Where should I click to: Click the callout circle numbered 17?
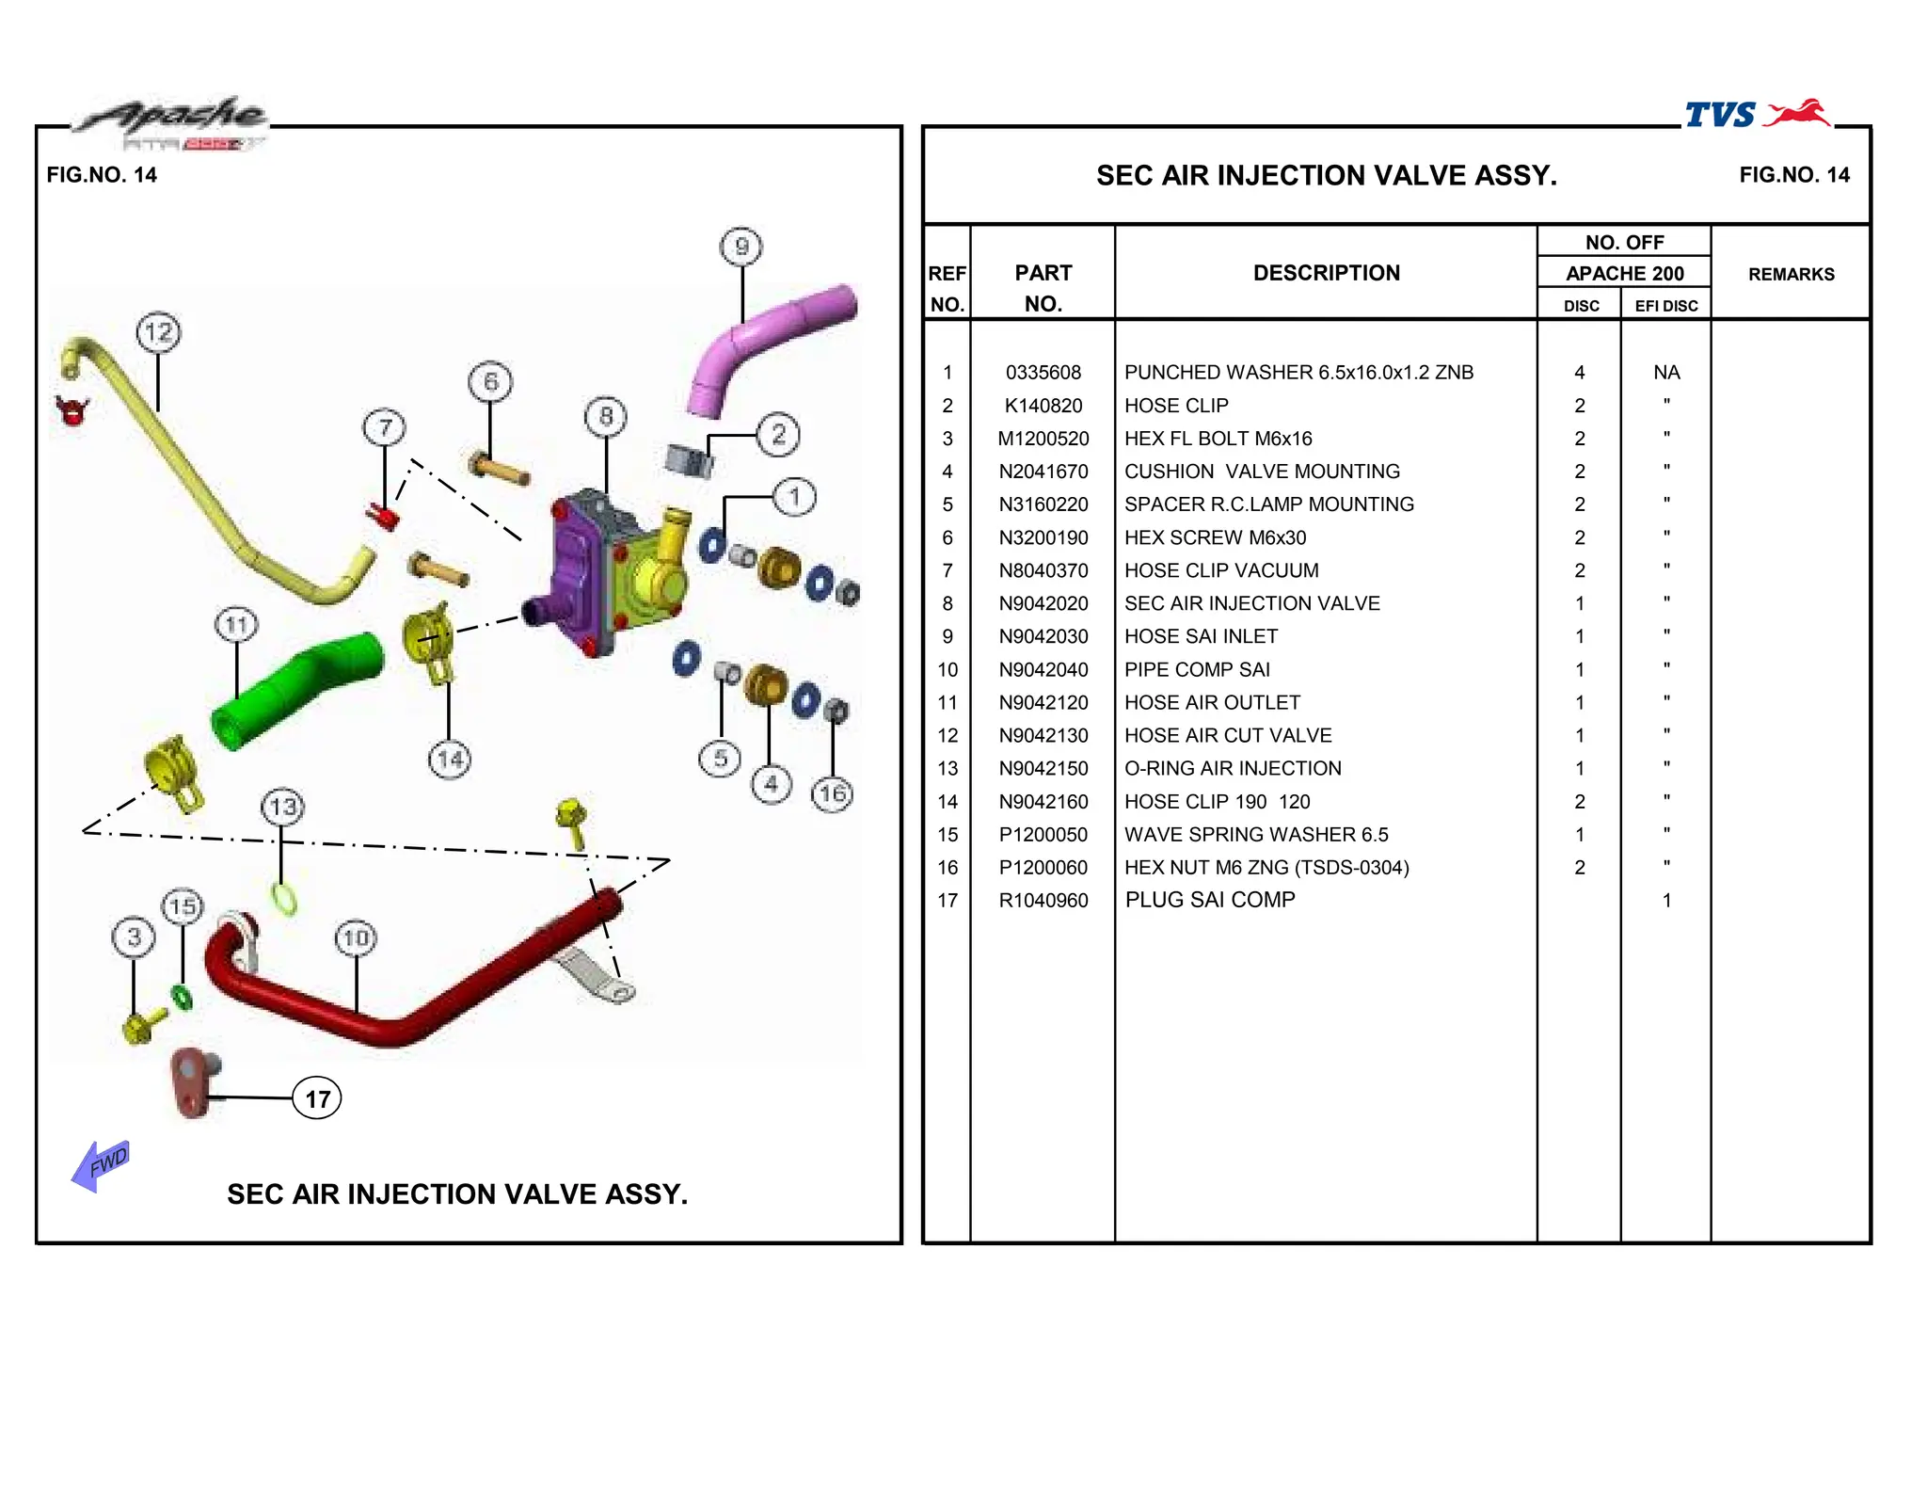[x=317, y=1098]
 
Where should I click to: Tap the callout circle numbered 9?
[x=741, y=247]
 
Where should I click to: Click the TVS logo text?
[x=1720, y=115]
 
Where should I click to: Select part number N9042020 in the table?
[x=1043, y=603]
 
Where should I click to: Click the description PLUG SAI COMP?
[x=1209, y=900]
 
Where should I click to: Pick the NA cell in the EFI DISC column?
[x=1665, y=373]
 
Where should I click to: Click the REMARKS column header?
[x=1791, y=274]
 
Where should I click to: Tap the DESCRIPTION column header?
[x=1326, y=273]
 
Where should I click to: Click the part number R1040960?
[x=1043, y=901]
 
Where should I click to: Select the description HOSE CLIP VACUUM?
[x=1220, y=570]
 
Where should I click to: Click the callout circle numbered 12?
[x=158, y=332]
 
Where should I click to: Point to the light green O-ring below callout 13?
[x=284, y=899]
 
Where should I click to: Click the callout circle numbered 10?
[x=356, y=937]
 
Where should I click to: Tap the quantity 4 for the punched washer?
[x=1579, y=373]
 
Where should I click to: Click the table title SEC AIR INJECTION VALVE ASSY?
[x=1326, y=176]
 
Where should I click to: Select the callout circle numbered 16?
[x=832, y=794]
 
